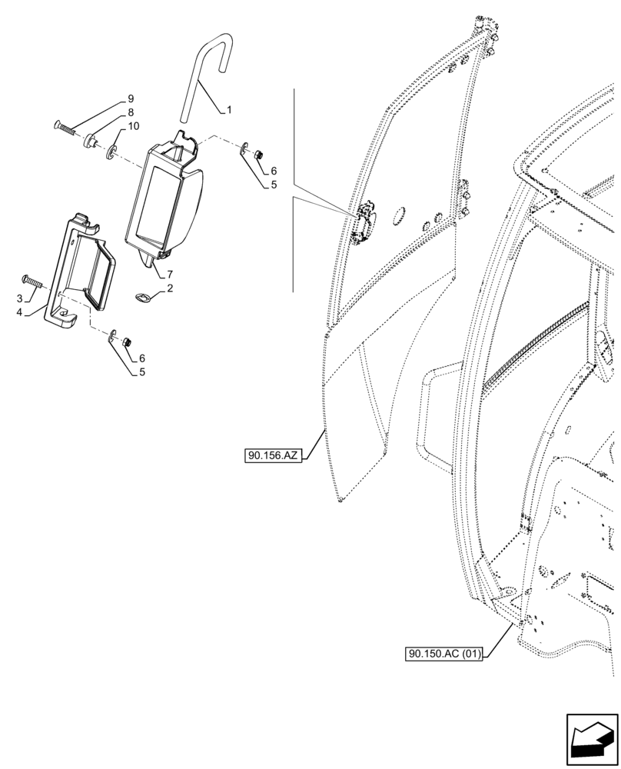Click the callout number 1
(x=228, y=111)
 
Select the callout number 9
(x=130, y=99)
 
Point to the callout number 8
(x=130, y=112)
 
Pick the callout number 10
(x=134, y=126)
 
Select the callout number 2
(x=169, y=288)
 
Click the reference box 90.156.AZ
(x=273, y=456)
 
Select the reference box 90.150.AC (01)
(x=444, y=654)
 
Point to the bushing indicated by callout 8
(x=91, y=140)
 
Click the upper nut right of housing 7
(x=259, y=155)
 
